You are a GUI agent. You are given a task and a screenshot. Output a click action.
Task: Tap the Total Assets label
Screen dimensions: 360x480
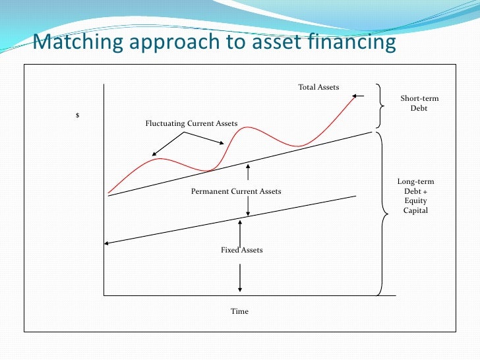pyautogui.click(x=318, y=87)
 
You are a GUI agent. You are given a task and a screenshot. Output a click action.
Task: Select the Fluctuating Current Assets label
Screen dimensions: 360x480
pyautogui.click(x=191, y=123)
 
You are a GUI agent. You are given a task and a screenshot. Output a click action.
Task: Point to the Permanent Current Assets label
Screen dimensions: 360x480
pyautogui.click(x=236, y=191)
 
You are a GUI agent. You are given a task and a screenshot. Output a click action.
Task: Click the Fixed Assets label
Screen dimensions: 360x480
pyautogui.click(x=241, y=250)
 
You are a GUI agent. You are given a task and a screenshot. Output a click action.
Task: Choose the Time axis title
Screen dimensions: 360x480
pyautogui.click(x=239, y=311)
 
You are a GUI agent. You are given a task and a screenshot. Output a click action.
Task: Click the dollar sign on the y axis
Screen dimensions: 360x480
pyautogui.click(x=78, y=116)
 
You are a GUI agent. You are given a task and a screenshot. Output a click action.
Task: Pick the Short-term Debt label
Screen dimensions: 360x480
pyautogui.click(x=419, y=104)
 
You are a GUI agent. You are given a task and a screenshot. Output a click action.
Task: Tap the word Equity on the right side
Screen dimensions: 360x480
pyautogui.click(x=415, y=201)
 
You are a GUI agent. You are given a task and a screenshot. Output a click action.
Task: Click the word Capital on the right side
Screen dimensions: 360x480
pyautogui.click(x=415, y=210)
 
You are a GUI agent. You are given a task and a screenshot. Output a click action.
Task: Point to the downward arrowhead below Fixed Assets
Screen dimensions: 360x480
pyautogui.click(x=240, y=289)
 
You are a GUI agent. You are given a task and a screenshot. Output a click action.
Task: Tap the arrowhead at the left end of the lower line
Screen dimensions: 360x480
pyautogui.click(x=107, y=244)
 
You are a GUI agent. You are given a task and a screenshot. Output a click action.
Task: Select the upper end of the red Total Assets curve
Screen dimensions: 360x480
pyautogui.click(x=355, y=97)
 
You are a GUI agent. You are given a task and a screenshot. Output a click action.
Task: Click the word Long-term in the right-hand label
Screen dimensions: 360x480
pyautogui.click(x=415, y=182)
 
